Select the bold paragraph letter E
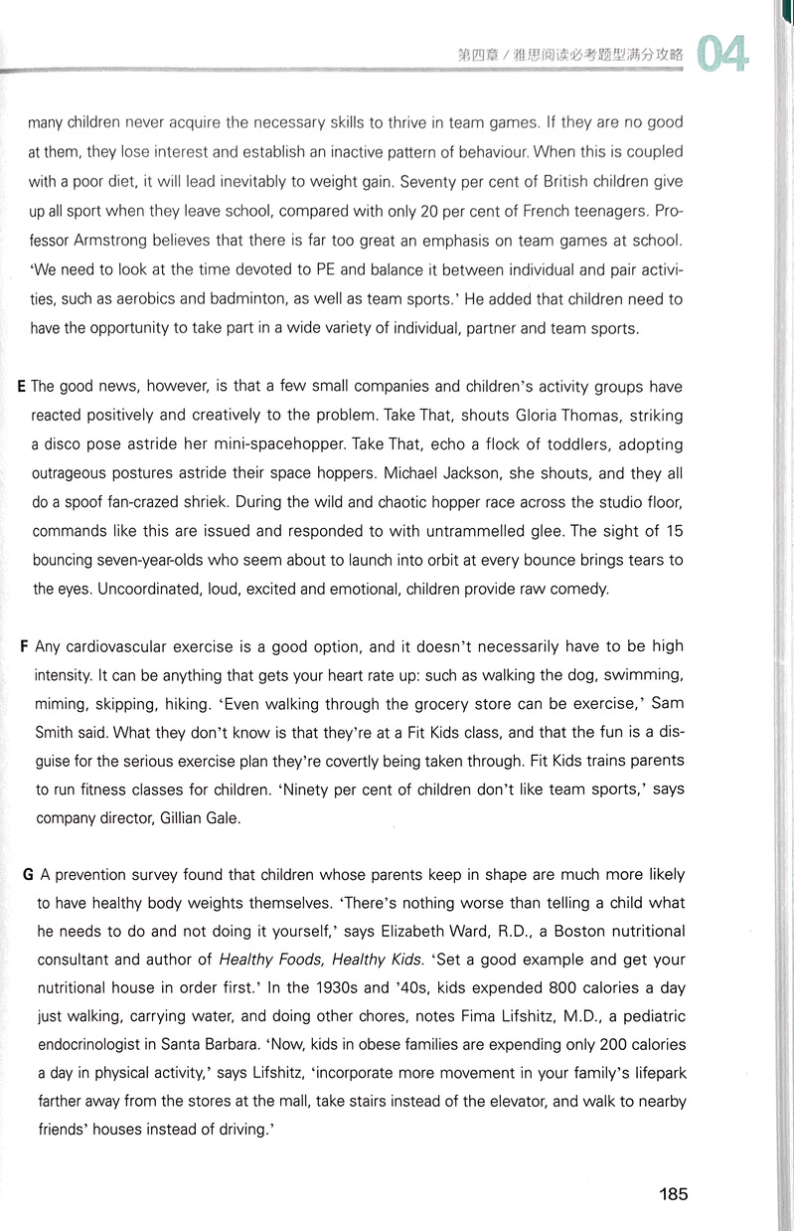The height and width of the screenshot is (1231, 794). tap(23, 386)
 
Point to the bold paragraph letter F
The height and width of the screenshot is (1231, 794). tap(23, 646)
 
